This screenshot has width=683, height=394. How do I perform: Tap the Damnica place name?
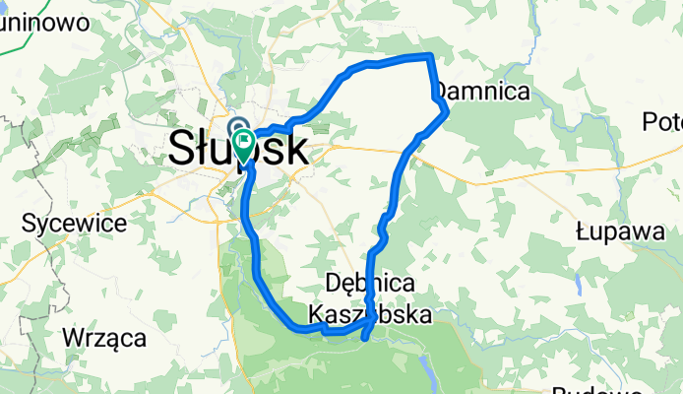click(x=484, y=92)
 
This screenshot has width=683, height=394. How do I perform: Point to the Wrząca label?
click(x=104, y=338)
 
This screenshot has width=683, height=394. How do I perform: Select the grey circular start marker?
click(x=237, y=126)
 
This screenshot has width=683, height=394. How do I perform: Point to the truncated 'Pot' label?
click(x=661, y=122)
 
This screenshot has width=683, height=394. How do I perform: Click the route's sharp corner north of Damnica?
click(x=430, y=56)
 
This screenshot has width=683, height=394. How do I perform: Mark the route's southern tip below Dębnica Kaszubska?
click(x=366, y=339)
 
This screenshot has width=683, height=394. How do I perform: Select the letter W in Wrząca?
click(x=74, y=338)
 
